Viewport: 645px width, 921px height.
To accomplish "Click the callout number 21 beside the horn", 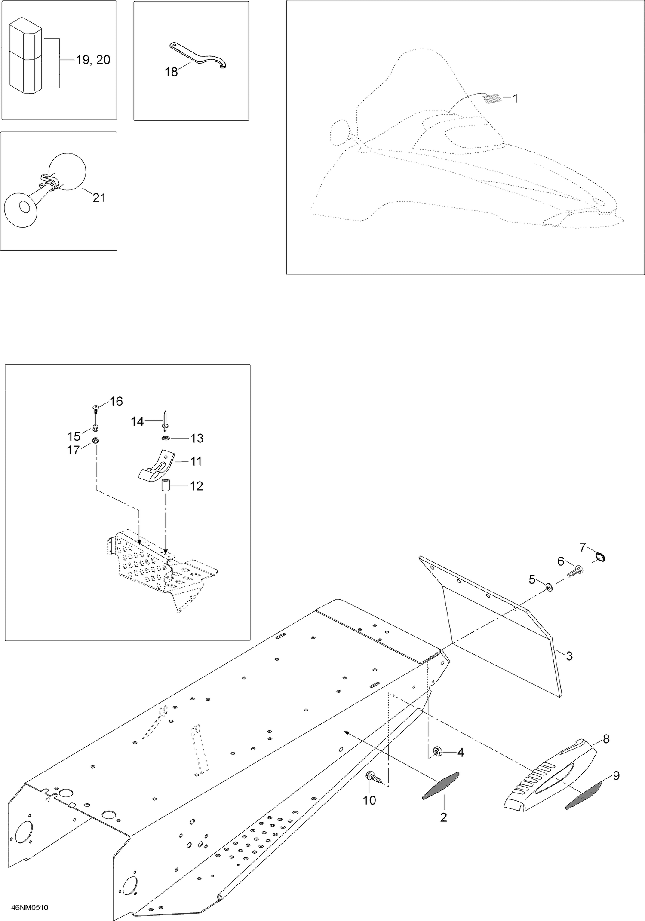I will tap(99, 198).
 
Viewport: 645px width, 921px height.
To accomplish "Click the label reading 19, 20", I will tap(93, 60).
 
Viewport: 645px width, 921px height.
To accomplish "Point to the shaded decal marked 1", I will tap(492, 99).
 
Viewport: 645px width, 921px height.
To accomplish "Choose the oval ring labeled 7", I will tap(599, 557).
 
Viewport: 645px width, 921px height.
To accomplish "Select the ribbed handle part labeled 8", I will tap(550, 778).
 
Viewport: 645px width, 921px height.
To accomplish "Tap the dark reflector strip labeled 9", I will tap(583, 795).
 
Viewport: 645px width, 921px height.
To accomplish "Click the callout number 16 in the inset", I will tap(116, 401).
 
